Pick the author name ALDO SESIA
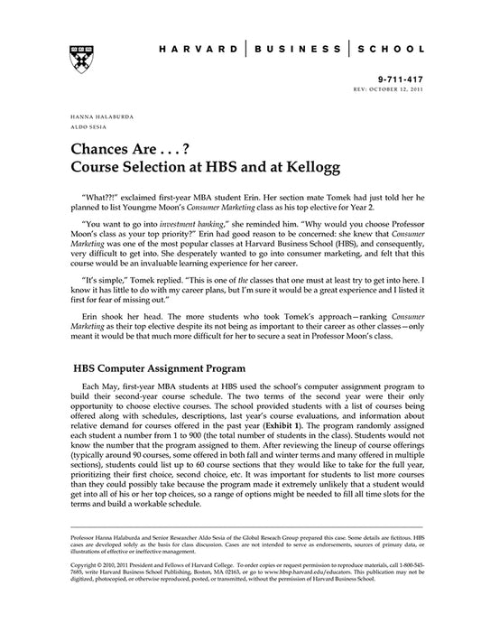pyautogui.click(x=84, y=127)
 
